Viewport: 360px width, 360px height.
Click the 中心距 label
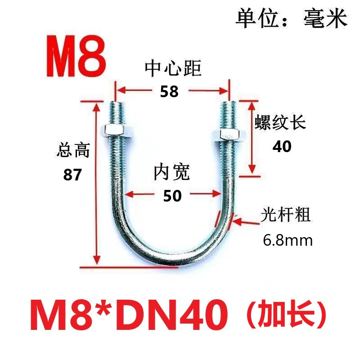coord(173,69)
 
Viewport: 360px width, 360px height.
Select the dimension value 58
coord(170,91)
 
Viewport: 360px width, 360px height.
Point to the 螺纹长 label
coord(281,123)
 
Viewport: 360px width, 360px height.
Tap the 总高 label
coord(74,150)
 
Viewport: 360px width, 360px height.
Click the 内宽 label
coord(172,172)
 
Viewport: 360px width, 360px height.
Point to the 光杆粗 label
coord(286,215)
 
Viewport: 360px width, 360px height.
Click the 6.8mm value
coord(288,240)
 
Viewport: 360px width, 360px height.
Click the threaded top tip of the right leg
coord(229,108)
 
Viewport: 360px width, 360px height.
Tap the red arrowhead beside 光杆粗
coord(238,220)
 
